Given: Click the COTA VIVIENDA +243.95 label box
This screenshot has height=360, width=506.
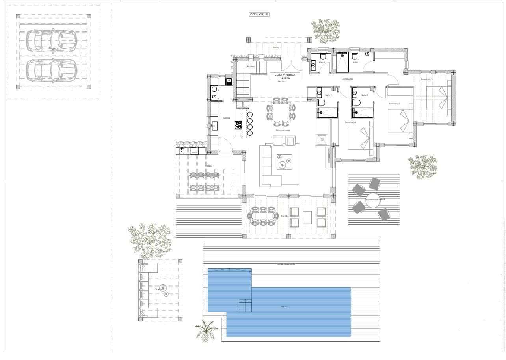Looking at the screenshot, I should [x=284, y=76].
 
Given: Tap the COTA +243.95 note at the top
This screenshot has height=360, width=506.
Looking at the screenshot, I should [x=259, y=14].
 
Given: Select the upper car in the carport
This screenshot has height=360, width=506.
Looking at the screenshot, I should [x=51, y=40].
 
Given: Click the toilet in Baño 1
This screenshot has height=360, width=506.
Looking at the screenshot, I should [x=321, y=103].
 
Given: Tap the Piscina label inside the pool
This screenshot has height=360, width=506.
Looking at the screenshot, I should [x=284, y=306].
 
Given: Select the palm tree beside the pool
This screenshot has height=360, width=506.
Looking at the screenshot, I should [x=206, y=331].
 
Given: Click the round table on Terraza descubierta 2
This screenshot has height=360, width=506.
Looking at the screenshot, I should [x=373, y=199].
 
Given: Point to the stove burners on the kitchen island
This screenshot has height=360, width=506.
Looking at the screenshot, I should [x=238, y=125].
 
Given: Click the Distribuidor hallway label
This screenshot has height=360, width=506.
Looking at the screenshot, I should [x=348, y=79].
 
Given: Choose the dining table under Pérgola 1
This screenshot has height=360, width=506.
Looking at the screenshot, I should [x=205, y=181].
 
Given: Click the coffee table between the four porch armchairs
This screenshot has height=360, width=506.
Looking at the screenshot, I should [x=307, y=217].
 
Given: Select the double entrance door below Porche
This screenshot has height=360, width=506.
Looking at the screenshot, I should [x=292, y=65].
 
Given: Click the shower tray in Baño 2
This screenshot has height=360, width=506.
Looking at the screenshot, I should [x=363, y=113].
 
